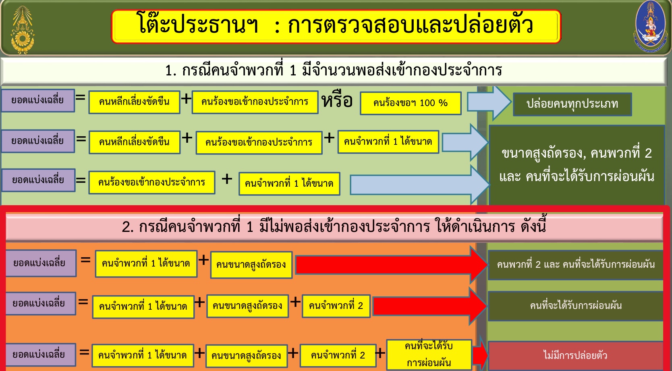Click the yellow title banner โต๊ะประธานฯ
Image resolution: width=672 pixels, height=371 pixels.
click(x=336, y=27)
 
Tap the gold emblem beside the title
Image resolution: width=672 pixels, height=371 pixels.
click(x=23, y=30)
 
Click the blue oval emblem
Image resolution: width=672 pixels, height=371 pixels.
click(x=650, y=27)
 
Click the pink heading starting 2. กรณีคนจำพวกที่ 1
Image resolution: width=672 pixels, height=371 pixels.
click(x=334, y=227)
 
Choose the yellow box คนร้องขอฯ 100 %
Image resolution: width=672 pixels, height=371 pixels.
click(x=411, y=103)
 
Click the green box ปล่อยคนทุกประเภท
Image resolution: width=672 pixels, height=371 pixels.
click(x=572, y=104)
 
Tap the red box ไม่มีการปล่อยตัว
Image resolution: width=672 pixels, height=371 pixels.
click(x=575, y=355)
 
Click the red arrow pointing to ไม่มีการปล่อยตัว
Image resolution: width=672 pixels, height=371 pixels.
click(x=480, y=354)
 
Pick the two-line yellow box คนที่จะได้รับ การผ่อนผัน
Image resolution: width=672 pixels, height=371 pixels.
click(x=429, y=354)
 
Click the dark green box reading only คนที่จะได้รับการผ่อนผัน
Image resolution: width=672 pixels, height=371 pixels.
click(x=575, y=306)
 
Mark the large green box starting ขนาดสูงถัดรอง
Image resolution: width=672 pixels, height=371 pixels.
click(x=577, y=165)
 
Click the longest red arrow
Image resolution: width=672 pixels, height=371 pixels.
click(x=391, y=265)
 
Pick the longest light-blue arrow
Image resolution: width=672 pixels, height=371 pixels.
click(x=420, y=184)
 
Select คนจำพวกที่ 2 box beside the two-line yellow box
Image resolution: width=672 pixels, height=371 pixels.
click(x=338, y=355)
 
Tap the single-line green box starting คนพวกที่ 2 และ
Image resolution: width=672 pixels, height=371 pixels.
click(x=575, y=265)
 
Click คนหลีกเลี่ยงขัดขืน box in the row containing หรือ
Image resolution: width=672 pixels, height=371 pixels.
click(x=135, y=102)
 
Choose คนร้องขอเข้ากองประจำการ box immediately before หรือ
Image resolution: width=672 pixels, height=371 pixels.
click(x=255, y=102)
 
